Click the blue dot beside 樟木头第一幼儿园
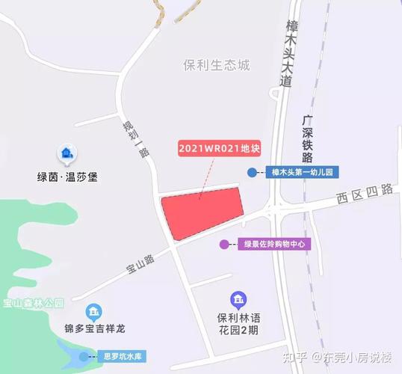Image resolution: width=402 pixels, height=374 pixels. point(252,173)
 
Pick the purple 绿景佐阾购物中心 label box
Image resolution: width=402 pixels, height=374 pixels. point(272,244)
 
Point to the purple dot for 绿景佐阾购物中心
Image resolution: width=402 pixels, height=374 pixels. point(223,244)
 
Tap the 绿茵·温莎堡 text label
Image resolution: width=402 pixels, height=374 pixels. point(67,177)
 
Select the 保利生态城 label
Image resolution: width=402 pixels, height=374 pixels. point(216,64)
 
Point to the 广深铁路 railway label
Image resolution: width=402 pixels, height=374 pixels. point(307,139)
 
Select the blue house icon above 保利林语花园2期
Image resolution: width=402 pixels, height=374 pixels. point(238,301)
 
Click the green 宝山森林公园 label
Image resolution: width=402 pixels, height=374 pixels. point(34,304)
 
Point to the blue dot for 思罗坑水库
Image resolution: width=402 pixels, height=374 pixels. point(83,357)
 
